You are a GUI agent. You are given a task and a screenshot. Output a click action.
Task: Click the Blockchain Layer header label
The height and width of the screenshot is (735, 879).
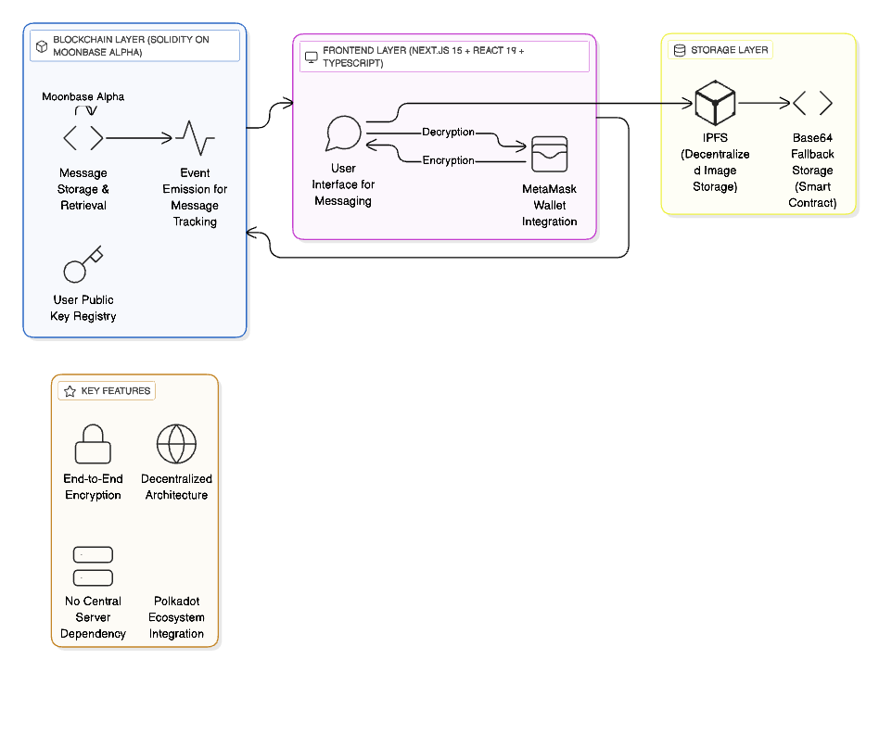point(134,46)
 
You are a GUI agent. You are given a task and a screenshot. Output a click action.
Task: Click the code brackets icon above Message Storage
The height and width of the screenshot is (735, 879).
point(83,138)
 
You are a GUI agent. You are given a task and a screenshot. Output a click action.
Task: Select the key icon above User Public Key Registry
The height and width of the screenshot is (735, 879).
point(83,266)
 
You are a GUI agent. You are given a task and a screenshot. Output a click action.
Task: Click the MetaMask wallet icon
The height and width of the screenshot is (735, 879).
point(549,156)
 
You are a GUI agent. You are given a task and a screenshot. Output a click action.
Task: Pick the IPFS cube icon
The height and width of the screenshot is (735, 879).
point(715,103)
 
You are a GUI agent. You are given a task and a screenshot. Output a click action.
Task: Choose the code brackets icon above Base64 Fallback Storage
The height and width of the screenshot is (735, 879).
point(812,103)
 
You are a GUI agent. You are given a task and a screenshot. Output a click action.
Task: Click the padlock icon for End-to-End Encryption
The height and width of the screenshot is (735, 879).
point(93,444)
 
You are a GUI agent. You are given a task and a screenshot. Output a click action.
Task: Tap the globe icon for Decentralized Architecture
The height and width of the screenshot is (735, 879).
point(176,444)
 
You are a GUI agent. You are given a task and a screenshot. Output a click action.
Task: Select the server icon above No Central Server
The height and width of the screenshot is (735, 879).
point(93,566)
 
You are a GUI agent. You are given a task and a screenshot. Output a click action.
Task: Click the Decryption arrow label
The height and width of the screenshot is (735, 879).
point(449,133)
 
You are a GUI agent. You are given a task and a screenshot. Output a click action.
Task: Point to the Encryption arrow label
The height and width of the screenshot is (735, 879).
point(449,160)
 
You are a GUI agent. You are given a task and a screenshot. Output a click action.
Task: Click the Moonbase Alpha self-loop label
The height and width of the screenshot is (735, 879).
point(83,96)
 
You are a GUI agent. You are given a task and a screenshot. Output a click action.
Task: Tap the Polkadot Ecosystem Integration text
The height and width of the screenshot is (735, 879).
point(176,617)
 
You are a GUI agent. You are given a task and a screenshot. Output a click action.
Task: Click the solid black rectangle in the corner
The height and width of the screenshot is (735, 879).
point(804,678)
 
